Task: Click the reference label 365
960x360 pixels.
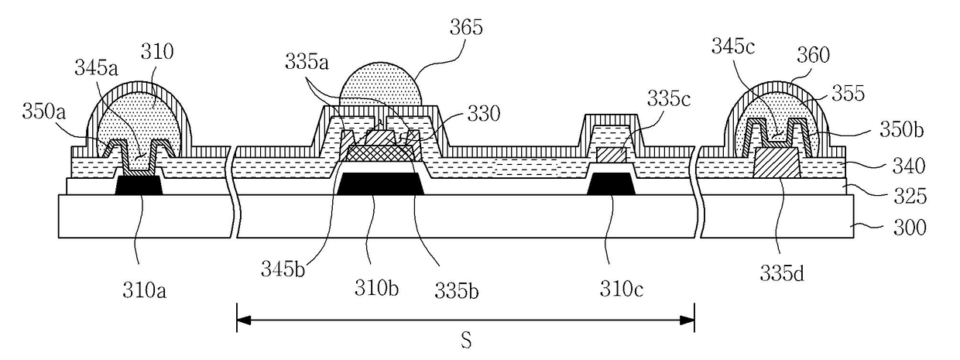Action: [x=467, y=29]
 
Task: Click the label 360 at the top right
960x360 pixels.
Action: [x=812, y=54]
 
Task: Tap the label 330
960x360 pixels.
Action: [x=483, y=113]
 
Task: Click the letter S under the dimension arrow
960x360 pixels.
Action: [x=466, y=341]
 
